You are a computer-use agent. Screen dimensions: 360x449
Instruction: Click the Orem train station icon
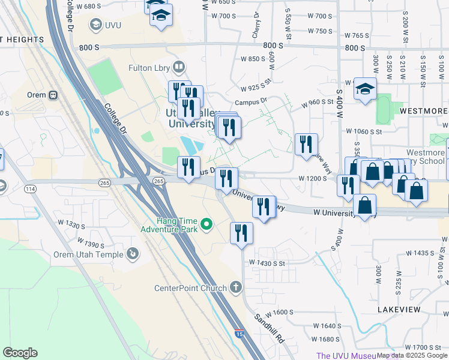pyautogui.click(x=53, y=95)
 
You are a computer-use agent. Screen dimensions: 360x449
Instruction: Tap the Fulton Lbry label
pyautogui.click(x=149, y=68)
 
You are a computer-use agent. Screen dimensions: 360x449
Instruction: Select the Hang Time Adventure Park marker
pyautogui.click(x=207, y=225)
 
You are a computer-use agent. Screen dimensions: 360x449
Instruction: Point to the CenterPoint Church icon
pyautogui.click(x=236, y=288)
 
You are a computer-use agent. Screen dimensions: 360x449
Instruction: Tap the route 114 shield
pyautogui.click(x=29, y=189)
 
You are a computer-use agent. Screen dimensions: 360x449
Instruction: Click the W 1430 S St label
pyautogui.click(x=268, y=263)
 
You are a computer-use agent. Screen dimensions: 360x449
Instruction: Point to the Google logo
pyautogui.click(x=20, y=353)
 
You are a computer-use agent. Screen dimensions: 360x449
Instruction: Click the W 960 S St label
pyautogui.click(x=318, y=103)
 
